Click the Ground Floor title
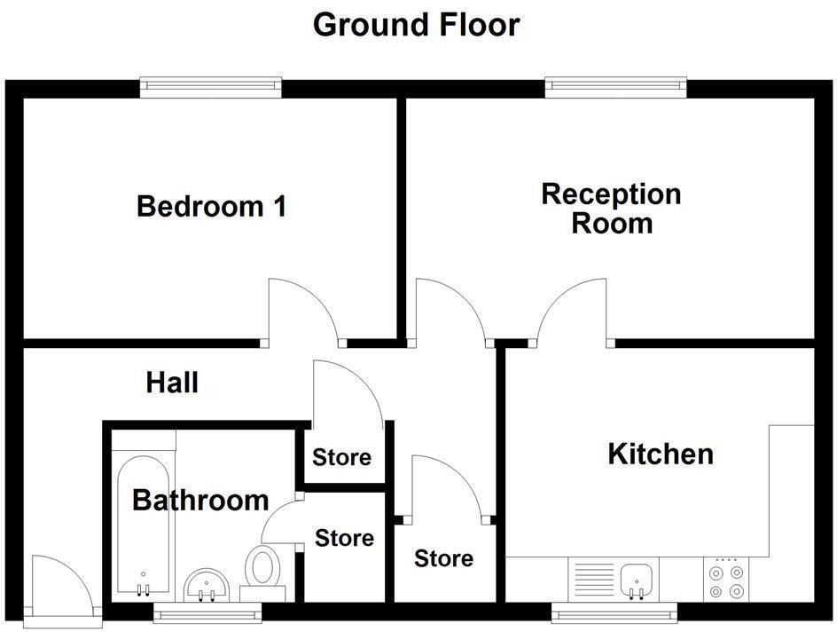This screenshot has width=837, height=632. click(x=416, y=25)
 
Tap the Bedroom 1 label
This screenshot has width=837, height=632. click(x=211, y=207)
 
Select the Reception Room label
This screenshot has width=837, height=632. click(x=611, y=208)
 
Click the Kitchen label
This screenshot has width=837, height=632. click(x=661, y=454)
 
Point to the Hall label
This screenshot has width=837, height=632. click(x=172, y=383)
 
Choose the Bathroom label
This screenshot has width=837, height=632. click(x=200, y=500)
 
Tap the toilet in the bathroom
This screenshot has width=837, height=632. click(x=262, y=566)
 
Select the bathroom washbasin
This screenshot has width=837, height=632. click(x=208, y=585)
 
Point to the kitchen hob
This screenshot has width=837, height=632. click(x=726, y=580)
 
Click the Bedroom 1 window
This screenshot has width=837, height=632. click(x=211, y=86)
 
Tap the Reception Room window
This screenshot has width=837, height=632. click(x=616, y=86)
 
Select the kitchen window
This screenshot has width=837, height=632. click(x=614, y=611)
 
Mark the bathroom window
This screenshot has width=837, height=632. click(x=208, y=611)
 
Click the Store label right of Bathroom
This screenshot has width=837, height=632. click(x=345, y=538)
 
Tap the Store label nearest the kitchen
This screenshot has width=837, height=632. click(x=443, y=558)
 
